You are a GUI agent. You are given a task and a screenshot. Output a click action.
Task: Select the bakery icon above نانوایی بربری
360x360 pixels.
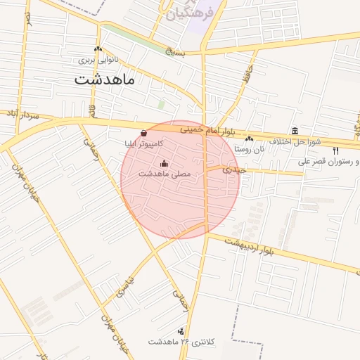(x=98, y=49)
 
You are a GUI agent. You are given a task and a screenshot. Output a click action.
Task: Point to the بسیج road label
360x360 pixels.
(x=177, y=51)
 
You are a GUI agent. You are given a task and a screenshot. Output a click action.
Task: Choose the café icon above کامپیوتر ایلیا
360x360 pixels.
(x=143, y=132)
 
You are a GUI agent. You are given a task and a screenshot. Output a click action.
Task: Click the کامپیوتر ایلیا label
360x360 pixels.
(x=143, y=143)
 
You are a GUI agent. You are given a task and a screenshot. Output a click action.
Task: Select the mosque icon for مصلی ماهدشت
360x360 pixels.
(x=165, y=164)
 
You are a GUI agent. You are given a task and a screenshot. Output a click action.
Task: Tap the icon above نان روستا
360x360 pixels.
(x=250, y=139)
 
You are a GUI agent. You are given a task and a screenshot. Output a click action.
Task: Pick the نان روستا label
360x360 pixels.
(x=250, y=149)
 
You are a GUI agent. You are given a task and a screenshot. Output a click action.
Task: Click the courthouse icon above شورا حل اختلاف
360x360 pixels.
(x=295, y=131)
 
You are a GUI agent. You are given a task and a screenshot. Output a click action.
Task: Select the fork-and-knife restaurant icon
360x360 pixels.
(x=335, y=150)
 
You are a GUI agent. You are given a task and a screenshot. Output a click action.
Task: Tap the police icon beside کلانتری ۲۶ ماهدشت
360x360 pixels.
(x=183, y=330)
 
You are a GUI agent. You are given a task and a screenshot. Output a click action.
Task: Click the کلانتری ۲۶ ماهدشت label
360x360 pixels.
(x=180, y=342)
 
